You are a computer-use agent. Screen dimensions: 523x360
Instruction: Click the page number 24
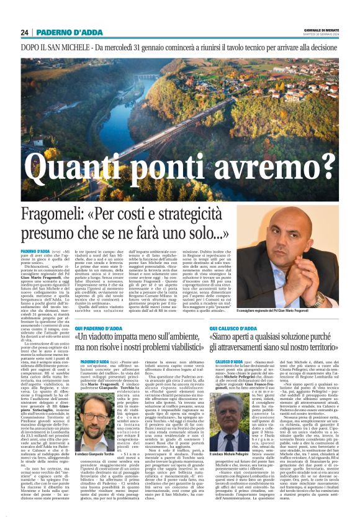coord(24,32)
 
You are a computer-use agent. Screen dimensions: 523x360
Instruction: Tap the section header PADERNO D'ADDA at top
coord(65,32)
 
